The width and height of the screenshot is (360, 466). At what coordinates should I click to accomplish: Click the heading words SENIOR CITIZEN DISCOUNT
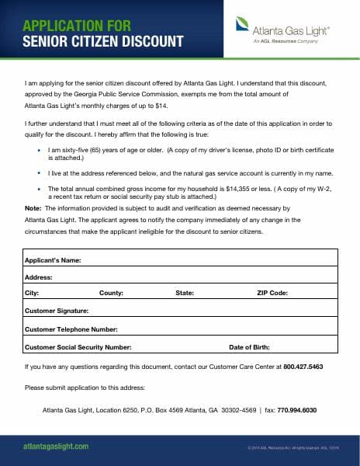point(103,40)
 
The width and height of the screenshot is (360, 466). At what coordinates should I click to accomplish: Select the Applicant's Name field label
point(53,259)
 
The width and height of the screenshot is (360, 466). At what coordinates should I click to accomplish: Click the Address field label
point(39,276)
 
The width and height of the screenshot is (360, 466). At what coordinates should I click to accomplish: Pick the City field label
point(32,293)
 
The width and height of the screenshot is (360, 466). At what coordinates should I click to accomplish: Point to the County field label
point(111,293)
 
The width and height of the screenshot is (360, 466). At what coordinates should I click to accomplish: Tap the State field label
point(185,293)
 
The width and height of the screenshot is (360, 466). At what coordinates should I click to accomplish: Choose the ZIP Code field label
point(272,293)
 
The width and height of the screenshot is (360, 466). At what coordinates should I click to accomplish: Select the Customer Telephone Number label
point(71,329)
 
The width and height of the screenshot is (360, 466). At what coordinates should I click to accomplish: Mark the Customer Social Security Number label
point(78,347)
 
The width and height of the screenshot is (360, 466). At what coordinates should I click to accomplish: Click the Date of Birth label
point(249,347)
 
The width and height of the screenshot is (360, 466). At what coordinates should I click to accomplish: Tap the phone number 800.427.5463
point(303,366)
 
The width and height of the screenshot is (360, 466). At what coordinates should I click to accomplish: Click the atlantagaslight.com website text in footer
point(55,447)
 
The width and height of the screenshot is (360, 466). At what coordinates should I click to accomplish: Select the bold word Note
point(33,209)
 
